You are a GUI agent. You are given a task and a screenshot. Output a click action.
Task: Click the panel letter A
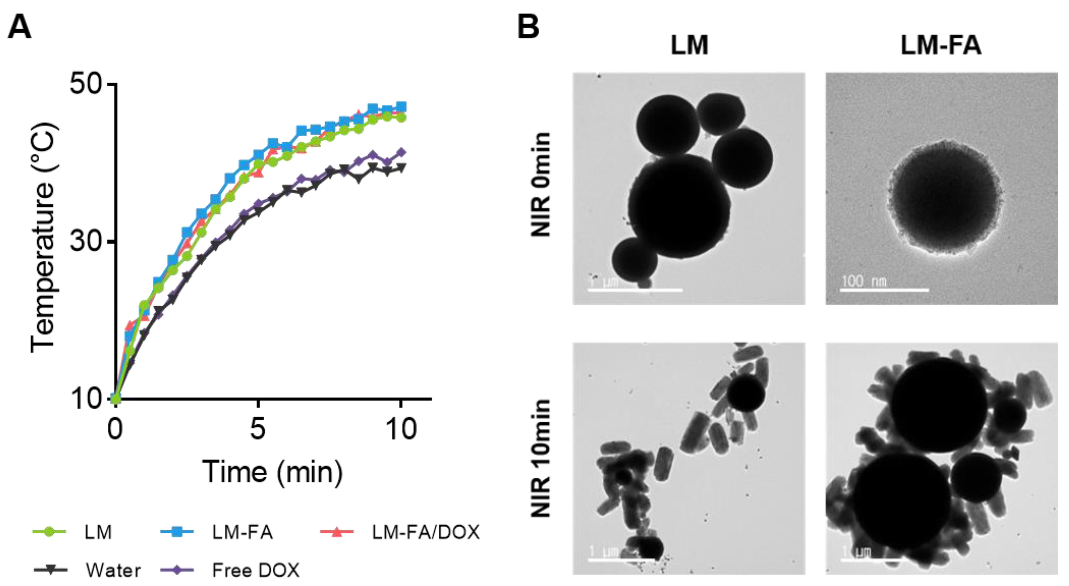(19, 26)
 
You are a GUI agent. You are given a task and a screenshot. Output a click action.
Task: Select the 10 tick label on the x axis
(400, 429)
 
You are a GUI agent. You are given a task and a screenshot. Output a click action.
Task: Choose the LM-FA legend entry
(242, 532)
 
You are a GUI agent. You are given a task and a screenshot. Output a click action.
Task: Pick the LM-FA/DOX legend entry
(425, 532)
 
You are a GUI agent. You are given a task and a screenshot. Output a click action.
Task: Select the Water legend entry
(113, 570)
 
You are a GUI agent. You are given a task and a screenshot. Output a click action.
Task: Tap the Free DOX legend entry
(256, 570)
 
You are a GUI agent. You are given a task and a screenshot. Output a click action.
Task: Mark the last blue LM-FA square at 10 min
(401, 106)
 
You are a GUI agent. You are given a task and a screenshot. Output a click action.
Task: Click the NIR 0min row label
(540, 185)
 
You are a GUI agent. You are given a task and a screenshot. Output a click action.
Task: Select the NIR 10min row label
(540, 458)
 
